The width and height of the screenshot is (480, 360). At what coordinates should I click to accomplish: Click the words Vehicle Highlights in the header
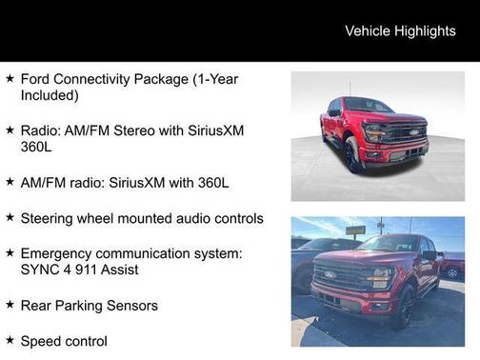(400, 30)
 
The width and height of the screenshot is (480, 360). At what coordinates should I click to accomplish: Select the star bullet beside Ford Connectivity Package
(10, 78)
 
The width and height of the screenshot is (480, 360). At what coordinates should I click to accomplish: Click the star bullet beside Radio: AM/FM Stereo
(10, 130)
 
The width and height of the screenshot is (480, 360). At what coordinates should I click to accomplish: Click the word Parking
(87, 306)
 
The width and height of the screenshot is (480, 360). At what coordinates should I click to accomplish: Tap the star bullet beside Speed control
(10, 340)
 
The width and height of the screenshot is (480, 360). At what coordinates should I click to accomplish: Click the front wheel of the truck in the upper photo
(352, 155)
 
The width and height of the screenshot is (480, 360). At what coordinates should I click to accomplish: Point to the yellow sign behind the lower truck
(355, 230)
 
